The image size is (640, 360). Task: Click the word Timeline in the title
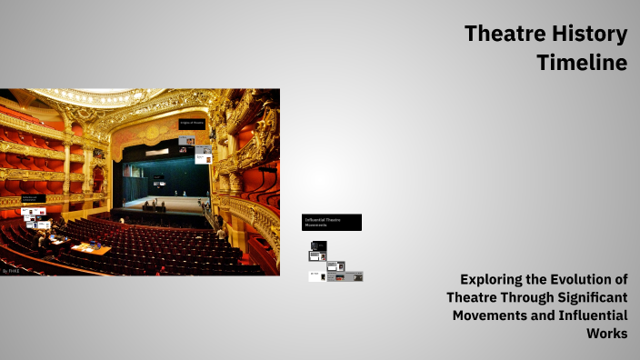pos(582,63)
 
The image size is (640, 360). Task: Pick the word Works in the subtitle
pos(607,334)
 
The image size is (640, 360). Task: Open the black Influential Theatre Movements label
pos(331,222)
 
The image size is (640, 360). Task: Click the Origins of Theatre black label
pos(192,123)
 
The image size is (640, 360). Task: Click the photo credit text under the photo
pos(11,270)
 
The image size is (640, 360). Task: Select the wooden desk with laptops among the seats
pos(90,247)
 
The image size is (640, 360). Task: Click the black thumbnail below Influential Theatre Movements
pos(318,245)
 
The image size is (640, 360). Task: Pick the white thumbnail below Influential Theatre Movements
pos(316,276)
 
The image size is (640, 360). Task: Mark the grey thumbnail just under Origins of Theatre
pos(186,141)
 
